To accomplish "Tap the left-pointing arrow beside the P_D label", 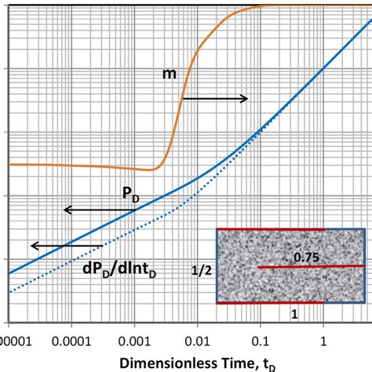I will (x=93, y=210).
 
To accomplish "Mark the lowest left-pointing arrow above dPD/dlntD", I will (x=57, y=246).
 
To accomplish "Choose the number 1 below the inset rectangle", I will (x=272, y=313).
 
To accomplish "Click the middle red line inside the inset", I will (x=311, y=267).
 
